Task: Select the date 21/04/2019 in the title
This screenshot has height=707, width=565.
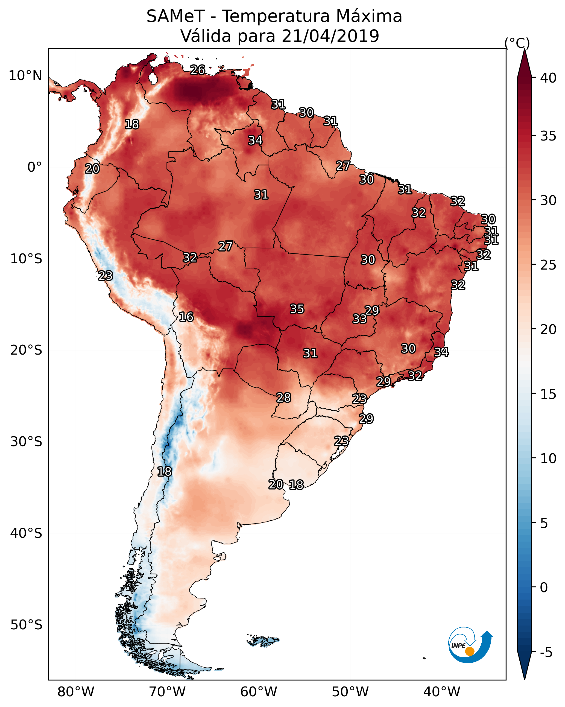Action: pos(330,36)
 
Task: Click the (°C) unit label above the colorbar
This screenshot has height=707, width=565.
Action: pos(517,43)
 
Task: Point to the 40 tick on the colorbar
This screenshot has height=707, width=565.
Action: pos(548,78)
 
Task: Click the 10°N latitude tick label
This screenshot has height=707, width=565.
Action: pos(25,76)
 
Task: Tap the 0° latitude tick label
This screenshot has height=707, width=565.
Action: pos(35,167)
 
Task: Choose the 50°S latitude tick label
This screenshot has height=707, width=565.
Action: pos(26,625)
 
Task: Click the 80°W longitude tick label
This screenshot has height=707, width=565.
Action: pos(76,692)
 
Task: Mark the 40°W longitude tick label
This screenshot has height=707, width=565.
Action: pos(442,692)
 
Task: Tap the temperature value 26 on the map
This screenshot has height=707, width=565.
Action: pos(198,70)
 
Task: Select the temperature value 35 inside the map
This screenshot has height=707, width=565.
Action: pos(297,309)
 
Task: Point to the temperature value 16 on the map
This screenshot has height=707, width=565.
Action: pos(186,317)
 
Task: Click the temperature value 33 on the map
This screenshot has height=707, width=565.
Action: pos(360,319)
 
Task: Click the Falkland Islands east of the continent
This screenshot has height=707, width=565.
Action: pos(263,641)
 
